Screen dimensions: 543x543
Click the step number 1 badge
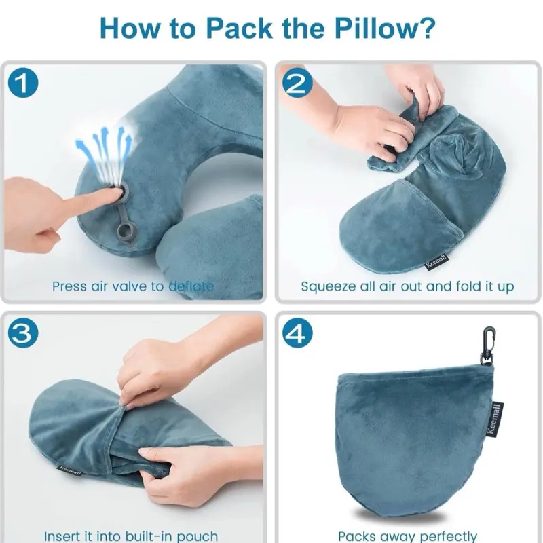point(23,83)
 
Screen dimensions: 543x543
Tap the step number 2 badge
point(297,83)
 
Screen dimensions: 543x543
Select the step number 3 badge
point(23,333)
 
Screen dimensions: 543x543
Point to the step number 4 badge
point(297,333)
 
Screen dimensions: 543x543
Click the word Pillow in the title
point(383,29)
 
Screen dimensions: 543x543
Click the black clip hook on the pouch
point(488,345)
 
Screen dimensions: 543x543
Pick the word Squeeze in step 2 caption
point(326,287)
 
